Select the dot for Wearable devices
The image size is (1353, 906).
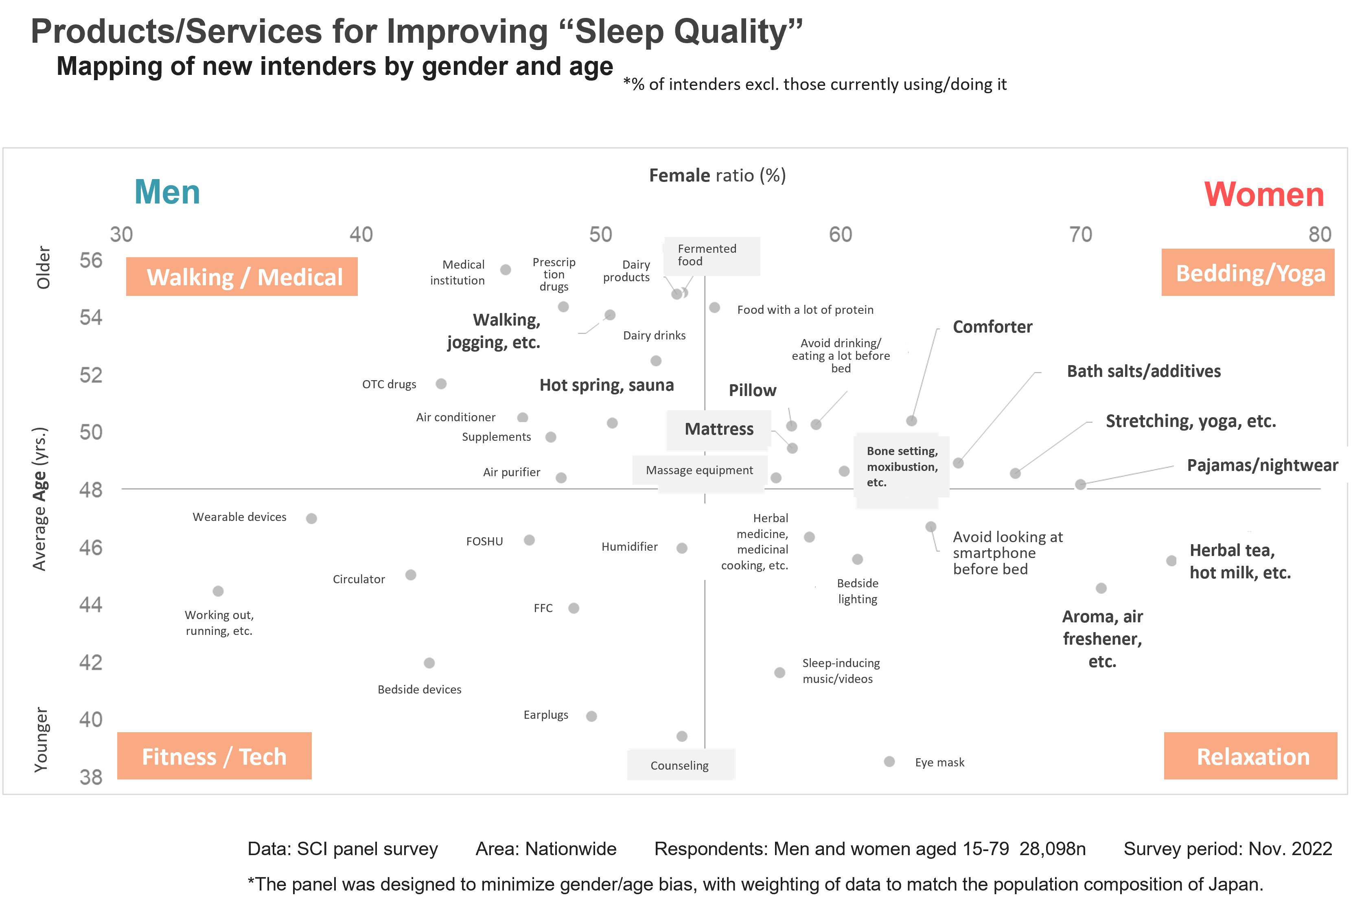point(311,518)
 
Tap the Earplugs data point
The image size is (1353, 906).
point(591,716)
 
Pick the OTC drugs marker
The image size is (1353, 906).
point(441,384)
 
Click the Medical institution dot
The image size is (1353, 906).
point(506,270)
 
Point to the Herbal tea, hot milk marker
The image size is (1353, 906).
point(1171,560)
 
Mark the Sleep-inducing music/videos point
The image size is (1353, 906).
point(779,672)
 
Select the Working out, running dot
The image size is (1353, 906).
point(218,591)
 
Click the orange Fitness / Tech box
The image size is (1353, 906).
point(215,756)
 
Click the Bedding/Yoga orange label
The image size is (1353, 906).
point(1248,273)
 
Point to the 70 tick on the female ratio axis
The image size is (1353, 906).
point(1080,234)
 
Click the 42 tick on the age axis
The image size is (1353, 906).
point(91,662)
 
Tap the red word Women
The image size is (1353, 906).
point(1264,194)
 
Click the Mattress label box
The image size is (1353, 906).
point(719,429)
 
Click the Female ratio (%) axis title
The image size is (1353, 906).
point(718,175)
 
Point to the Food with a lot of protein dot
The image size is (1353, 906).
point(715,307)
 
